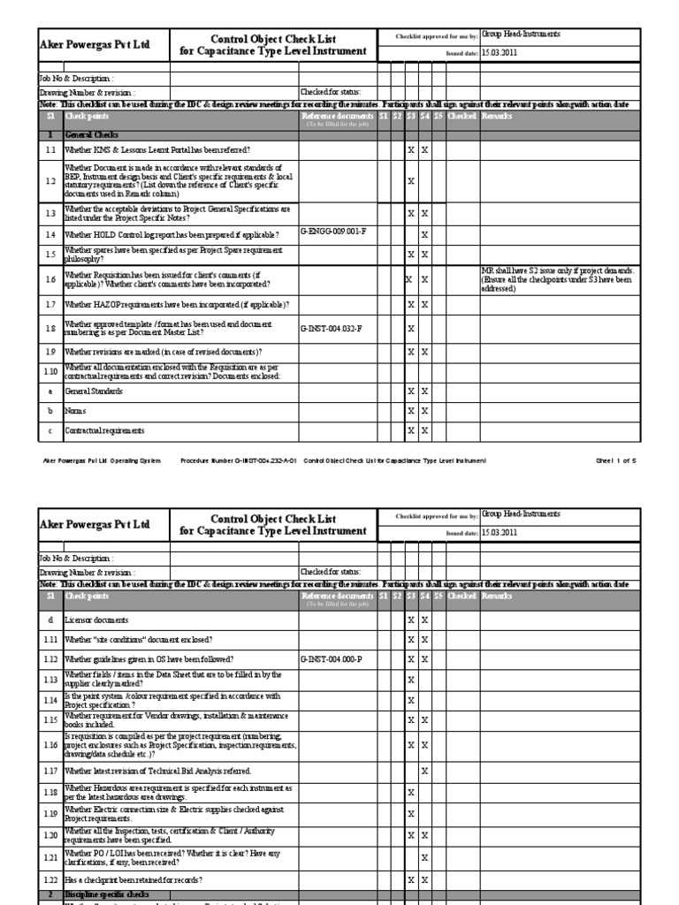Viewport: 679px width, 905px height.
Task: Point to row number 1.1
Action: pos(50,151)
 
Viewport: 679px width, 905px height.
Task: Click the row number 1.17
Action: pos(50,772)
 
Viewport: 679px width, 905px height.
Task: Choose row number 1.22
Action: pos(50,880)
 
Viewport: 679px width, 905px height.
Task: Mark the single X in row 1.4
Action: pos(424,235)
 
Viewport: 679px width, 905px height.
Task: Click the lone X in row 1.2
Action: pos(410,181)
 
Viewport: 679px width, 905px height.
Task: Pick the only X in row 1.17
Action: pos(424,772)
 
